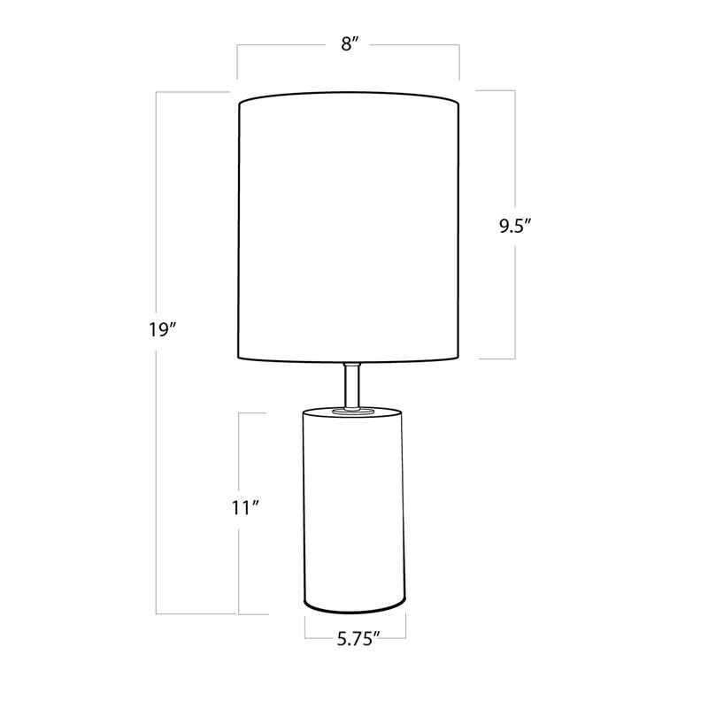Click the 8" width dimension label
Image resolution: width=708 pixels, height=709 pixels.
coord(348,45)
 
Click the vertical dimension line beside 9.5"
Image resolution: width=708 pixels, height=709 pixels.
coord(515,159)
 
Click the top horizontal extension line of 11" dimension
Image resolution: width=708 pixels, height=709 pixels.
coord(253,412)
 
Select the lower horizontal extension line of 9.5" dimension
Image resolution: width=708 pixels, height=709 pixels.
coord(497,358)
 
